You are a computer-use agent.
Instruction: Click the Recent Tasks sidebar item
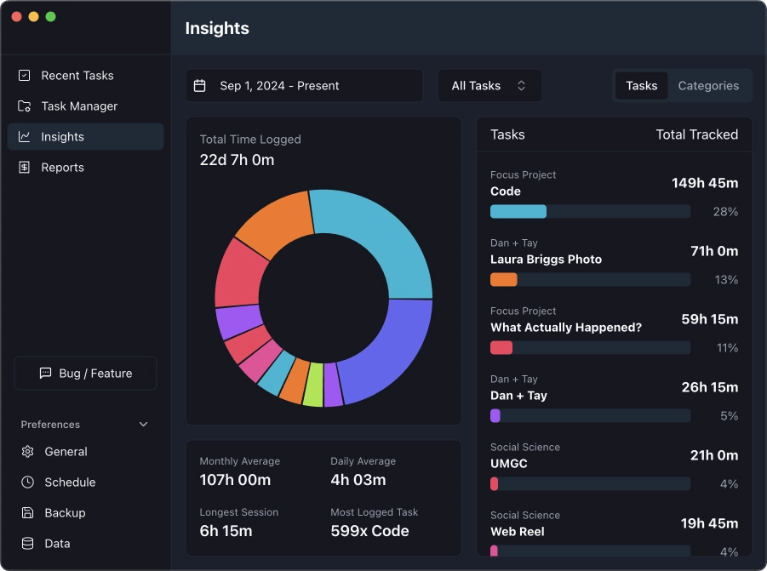77,76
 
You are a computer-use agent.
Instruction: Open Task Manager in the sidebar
79,106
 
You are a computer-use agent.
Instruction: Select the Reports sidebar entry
62,168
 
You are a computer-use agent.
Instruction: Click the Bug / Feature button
85,374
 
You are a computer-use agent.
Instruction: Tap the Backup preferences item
65,513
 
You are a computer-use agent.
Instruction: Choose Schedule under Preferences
70,482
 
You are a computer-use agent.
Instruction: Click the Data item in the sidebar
57,544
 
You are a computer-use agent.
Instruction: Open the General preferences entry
66,452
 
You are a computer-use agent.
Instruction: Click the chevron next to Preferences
143,425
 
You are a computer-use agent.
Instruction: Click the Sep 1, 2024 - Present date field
304,86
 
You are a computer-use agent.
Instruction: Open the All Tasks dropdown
489,86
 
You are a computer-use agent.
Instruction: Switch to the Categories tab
707,86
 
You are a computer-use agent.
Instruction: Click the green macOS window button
51,17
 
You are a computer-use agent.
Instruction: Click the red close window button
17,17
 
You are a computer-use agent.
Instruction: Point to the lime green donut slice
313,384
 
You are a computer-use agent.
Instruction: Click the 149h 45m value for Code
704,183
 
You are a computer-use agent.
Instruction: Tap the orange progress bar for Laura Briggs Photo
504,280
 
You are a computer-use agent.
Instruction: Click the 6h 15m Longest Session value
226,531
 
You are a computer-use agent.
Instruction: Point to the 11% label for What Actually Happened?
727,348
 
